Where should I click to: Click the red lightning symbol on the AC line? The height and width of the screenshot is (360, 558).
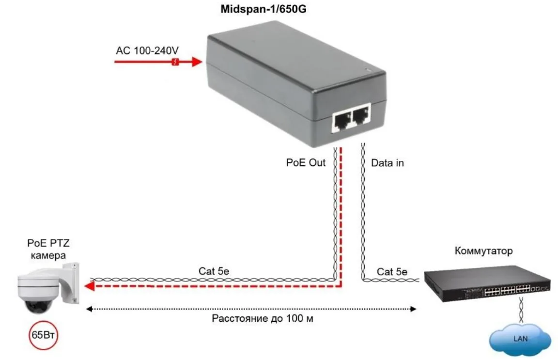pos(176,62)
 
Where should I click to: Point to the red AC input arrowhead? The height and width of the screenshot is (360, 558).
pos(196,62)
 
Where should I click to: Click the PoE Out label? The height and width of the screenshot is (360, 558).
pos(306,163)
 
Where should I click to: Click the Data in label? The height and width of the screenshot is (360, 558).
pos(387,163)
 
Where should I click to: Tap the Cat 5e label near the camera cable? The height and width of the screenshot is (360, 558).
pos(214,271)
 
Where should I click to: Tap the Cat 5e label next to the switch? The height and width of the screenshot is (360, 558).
pos(392,272)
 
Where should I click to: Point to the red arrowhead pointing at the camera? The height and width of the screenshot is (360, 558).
pos(89,287)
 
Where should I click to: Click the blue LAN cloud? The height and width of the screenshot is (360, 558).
pos(521,337)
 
